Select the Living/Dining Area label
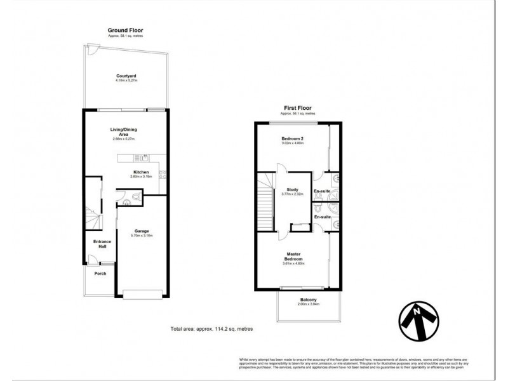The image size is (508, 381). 124,132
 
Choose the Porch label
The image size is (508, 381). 100,274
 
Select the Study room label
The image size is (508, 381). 293,189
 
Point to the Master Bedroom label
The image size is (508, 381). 293,257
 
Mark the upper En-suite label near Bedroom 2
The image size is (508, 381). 322,190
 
